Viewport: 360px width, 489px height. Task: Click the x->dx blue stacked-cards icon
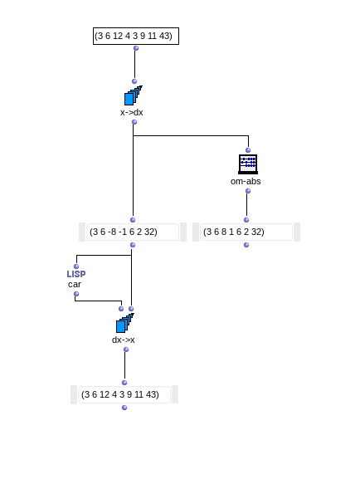(x=134, y=95)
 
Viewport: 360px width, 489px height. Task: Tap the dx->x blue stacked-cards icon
(x=125, y=323)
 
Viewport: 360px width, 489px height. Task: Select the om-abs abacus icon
(x=248, y=164)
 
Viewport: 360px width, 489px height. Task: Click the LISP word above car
(x=76, y=274)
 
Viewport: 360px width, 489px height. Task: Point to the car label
(x=74, y=285)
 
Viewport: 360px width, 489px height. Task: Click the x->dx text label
(x=132, y=112)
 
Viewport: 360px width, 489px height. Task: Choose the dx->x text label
(x=123, y=340)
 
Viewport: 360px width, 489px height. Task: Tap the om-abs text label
(x=246, y=181)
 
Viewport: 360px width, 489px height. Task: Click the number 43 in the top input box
(x=164, y=36)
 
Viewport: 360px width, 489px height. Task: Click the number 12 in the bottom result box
(x=105, y=394)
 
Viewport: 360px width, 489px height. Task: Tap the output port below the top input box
(x=136, y=48)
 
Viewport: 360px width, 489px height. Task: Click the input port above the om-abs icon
(x=248, y=150)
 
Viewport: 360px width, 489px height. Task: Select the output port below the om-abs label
(x=248, y=191)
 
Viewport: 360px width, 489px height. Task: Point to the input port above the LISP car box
(x=76, y=267)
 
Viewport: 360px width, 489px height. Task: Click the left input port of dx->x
(x=121, y=309)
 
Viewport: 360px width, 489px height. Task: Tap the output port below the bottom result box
(x=124, y=408)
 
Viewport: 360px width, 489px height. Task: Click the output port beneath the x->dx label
(x=134, y=122)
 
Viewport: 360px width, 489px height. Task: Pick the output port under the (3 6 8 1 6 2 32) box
(x=246, y=245)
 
